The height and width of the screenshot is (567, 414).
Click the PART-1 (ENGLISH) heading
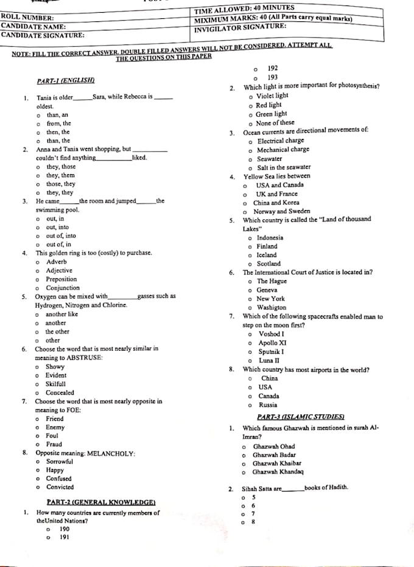tap(66, 80)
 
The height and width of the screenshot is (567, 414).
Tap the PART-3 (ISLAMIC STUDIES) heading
tap(301, 417)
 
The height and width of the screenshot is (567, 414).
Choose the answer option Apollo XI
tap(272, 343)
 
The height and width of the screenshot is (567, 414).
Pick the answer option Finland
tap(267, 247)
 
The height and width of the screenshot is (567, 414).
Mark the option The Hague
tap(271, 281)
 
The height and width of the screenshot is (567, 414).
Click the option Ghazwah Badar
tap(274, 455)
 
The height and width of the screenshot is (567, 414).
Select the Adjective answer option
tap(59, 270)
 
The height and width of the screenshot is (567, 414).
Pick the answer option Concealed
tap(60, 393)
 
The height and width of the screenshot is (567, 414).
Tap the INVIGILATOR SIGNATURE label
tap(240, 27)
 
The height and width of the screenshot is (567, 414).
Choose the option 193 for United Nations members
tap(272, 78)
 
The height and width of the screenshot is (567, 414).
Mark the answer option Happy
tap(55, 470)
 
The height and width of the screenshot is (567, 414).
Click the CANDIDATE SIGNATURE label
tap(43, 35)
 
